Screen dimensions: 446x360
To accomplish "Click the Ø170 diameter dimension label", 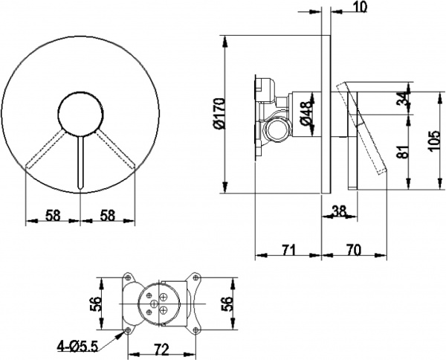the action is pos(220,114).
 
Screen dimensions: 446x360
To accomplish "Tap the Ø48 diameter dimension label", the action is pos(307,114).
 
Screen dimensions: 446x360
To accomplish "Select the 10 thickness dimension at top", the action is pos(360,7).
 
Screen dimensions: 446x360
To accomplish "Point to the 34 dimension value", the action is pos(402,98).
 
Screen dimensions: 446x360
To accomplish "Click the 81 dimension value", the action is pos(402,151).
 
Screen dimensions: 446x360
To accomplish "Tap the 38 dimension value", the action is pos(340,211).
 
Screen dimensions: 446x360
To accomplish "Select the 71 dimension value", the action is pos(289,250).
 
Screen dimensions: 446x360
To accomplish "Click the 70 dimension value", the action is pos(354,250).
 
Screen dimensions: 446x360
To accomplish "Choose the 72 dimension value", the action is pos(161,350).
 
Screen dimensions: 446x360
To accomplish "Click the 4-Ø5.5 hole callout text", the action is pos(77,347).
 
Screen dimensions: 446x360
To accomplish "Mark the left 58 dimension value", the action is pos(54,216).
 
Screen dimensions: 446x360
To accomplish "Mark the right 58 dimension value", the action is pos(108,216).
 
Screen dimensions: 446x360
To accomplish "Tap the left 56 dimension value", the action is pos(97,304).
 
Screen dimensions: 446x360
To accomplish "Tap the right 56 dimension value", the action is pos(227,304).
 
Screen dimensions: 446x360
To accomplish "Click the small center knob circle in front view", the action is pos(81,114).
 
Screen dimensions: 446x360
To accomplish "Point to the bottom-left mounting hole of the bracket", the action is pos(128,330).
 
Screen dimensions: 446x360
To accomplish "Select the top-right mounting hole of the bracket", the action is pos(195,277).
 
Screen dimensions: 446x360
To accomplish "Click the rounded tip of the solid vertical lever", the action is pos(81,187).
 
